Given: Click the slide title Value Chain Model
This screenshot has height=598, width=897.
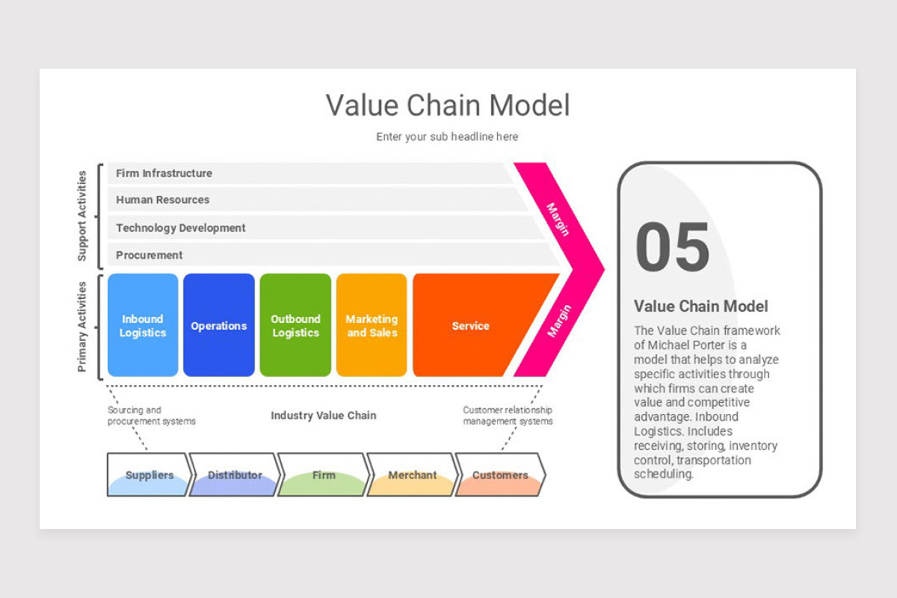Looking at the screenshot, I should tap(447, 105).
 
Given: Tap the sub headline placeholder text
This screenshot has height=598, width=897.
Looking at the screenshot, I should tap(447, 137).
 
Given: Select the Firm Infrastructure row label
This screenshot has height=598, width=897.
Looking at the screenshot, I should tap(164, 173).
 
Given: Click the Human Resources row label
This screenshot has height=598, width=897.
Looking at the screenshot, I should tap(162, 200).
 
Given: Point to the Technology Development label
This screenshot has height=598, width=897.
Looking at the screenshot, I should tap(180, 228).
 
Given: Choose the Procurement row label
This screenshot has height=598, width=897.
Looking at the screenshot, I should tap(149, 255).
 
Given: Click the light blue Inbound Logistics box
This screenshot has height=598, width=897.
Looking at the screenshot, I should tap(143, 326).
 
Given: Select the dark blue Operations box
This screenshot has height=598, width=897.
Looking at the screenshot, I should tap(218, 326).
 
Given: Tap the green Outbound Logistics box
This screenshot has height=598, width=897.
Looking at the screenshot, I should tap(295, 326).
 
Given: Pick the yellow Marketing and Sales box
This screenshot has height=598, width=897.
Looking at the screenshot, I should tap(372, 326).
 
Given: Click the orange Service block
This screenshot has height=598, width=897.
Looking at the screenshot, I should tap(470, 326).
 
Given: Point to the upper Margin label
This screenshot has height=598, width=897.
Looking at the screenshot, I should tap(558, 219).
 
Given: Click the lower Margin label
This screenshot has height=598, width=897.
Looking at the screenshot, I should tap(558, 321).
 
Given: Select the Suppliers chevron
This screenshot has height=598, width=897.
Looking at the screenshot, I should tap(149, 475).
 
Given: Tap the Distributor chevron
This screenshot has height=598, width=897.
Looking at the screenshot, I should tap(235, 475).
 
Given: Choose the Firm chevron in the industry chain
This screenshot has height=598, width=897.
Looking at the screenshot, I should tap(324, 475).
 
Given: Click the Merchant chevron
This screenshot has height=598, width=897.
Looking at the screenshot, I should tap(412, 475).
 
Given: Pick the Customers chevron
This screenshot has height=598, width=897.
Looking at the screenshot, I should tap(500, 475).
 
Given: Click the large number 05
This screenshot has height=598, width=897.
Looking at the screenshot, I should tap(672, 247).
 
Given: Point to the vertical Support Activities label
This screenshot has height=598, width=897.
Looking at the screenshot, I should tap(82, 215).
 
